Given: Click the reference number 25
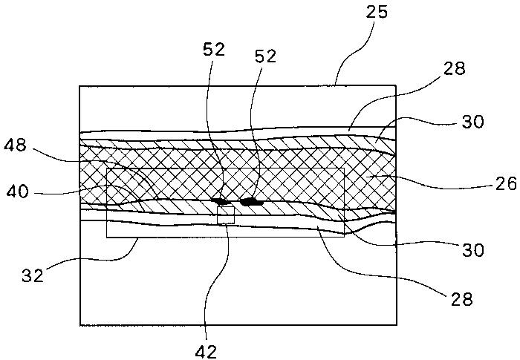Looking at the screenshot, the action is coord(377,13).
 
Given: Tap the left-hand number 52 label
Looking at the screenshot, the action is coord(214,50).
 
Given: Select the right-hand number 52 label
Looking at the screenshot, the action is coord(265,56).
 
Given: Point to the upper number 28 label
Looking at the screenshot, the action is coord(455,69).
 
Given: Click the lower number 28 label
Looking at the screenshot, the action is coord(461,299).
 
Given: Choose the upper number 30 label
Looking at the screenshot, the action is coord(473,122).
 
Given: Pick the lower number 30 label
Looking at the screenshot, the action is coord(473,250).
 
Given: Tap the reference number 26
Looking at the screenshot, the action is coord(507,183).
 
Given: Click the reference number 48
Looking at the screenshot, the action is coord(15,145).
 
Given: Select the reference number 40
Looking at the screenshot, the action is coord(18,192).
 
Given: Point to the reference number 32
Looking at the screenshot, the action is coord(33,275).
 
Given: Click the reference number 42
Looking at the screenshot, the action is coord(206,351).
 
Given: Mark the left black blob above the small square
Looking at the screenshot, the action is coord(221,201).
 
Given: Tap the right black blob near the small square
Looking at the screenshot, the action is coord(252,202).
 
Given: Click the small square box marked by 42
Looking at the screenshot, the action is coord(226,215).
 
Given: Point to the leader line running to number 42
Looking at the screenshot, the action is coord(213,282).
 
